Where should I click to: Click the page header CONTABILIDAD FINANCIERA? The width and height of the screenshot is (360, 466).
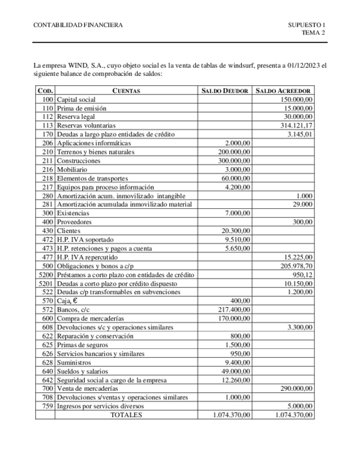78,25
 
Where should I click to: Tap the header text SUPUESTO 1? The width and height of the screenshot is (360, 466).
307,25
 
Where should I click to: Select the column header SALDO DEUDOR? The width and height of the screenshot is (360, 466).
225,91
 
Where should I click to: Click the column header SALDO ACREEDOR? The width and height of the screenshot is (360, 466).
284,91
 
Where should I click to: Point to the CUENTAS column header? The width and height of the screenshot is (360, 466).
126,91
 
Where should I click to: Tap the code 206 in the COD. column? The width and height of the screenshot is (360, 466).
47,143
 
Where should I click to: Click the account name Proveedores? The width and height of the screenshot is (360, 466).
74,221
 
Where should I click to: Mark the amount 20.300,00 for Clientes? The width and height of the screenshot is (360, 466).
236,230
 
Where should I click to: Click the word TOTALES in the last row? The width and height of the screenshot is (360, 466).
126,415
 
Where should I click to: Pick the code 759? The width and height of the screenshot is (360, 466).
47,406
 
